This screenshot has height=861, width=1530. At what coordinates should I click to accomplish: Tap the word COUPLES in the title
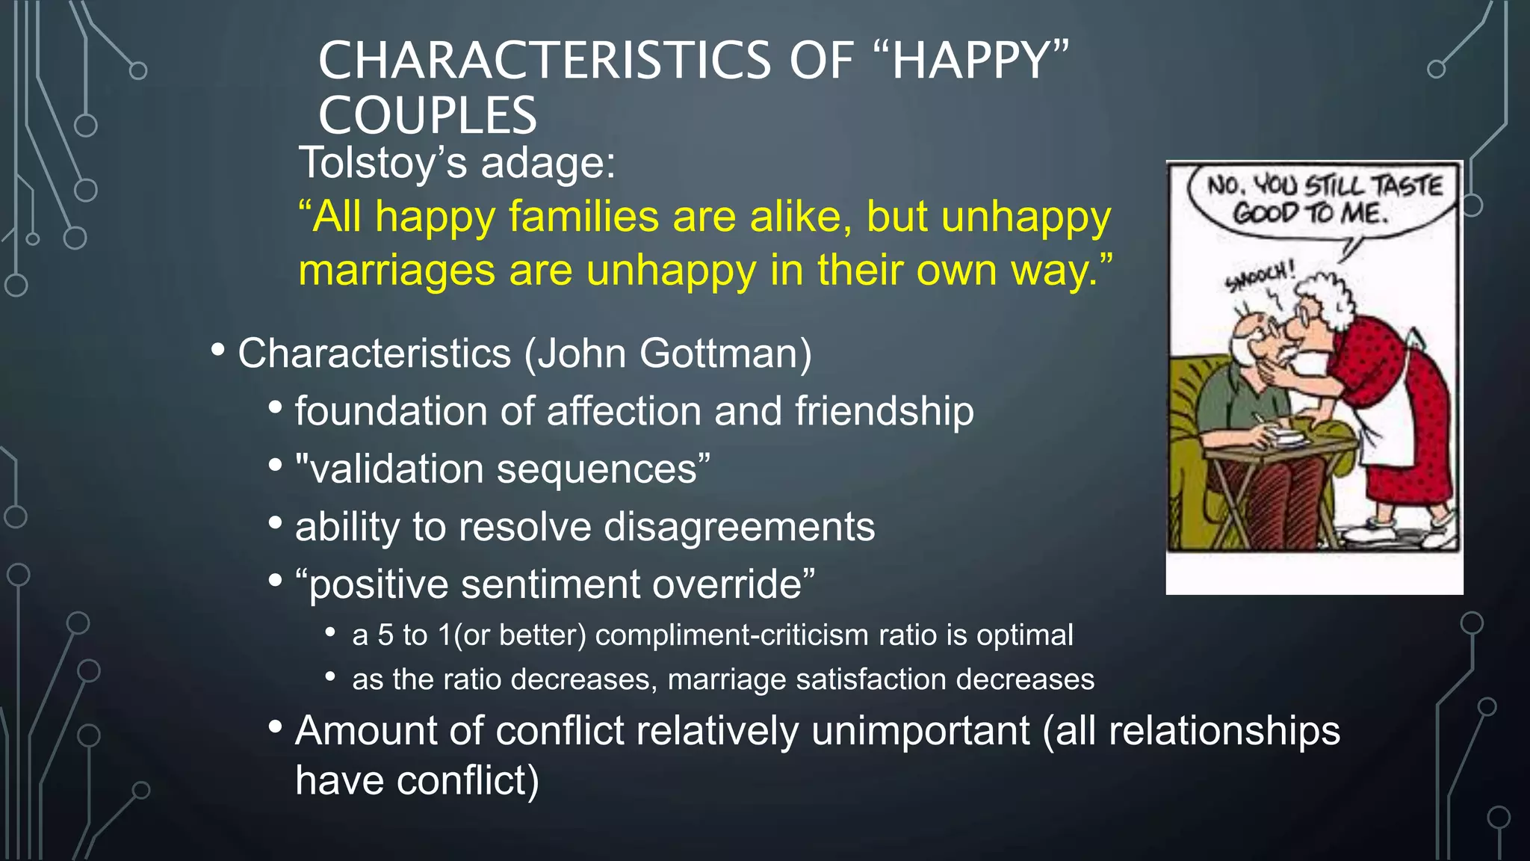click(427, 116)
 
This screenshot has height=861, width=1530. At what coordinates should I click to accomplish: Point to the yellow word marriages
click(397, 271)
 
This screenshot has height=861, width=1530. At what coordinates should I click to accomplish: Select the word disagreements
click(739, 527)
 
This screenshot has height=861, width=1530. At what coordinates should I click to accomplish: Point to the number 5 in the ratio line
click(385, 635)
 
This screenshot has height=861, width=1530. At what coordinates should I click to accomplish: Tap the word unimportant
click(920, 731)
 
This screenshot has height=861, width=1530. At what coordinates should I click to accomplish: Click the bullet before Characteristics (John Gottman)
click(217, 349)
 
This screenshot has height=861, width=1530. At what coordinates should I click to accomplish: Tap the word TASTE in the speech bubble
click(1407, 185)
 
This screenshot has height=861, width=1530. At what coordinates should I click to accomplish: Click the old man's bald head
click(1249, 329)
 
